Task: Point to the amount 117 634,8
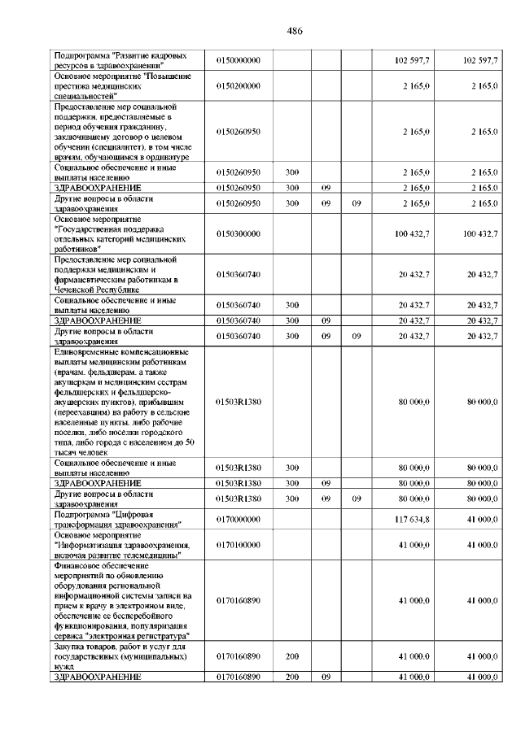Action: coord(412,520)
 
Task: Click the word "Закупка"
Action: coord(70,647)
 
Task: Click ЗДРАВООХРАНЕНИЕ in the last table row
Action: coord(97,675)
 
